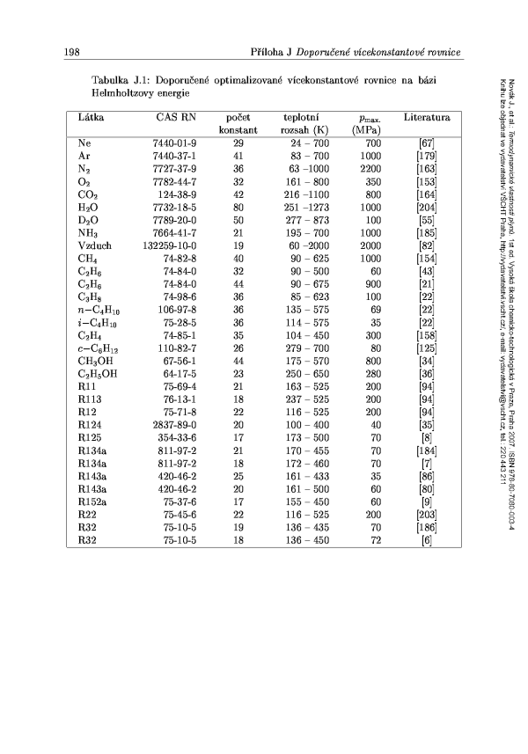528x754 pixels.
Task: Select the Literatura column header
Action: tap(427, 117)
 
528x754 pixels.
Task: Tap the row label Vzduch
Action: tap(94, 245)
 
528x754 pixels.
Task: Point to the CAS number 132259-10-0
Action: tap(167, 245)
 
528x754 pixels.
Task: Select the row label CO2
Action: tap(87, 194)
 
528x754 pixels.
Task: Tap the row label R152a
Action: tap(92, 501)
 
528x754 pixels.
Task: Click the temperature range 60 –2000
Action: tap(304, 245)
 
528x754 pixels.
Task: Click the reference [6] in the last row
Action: tap(427, 538)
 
